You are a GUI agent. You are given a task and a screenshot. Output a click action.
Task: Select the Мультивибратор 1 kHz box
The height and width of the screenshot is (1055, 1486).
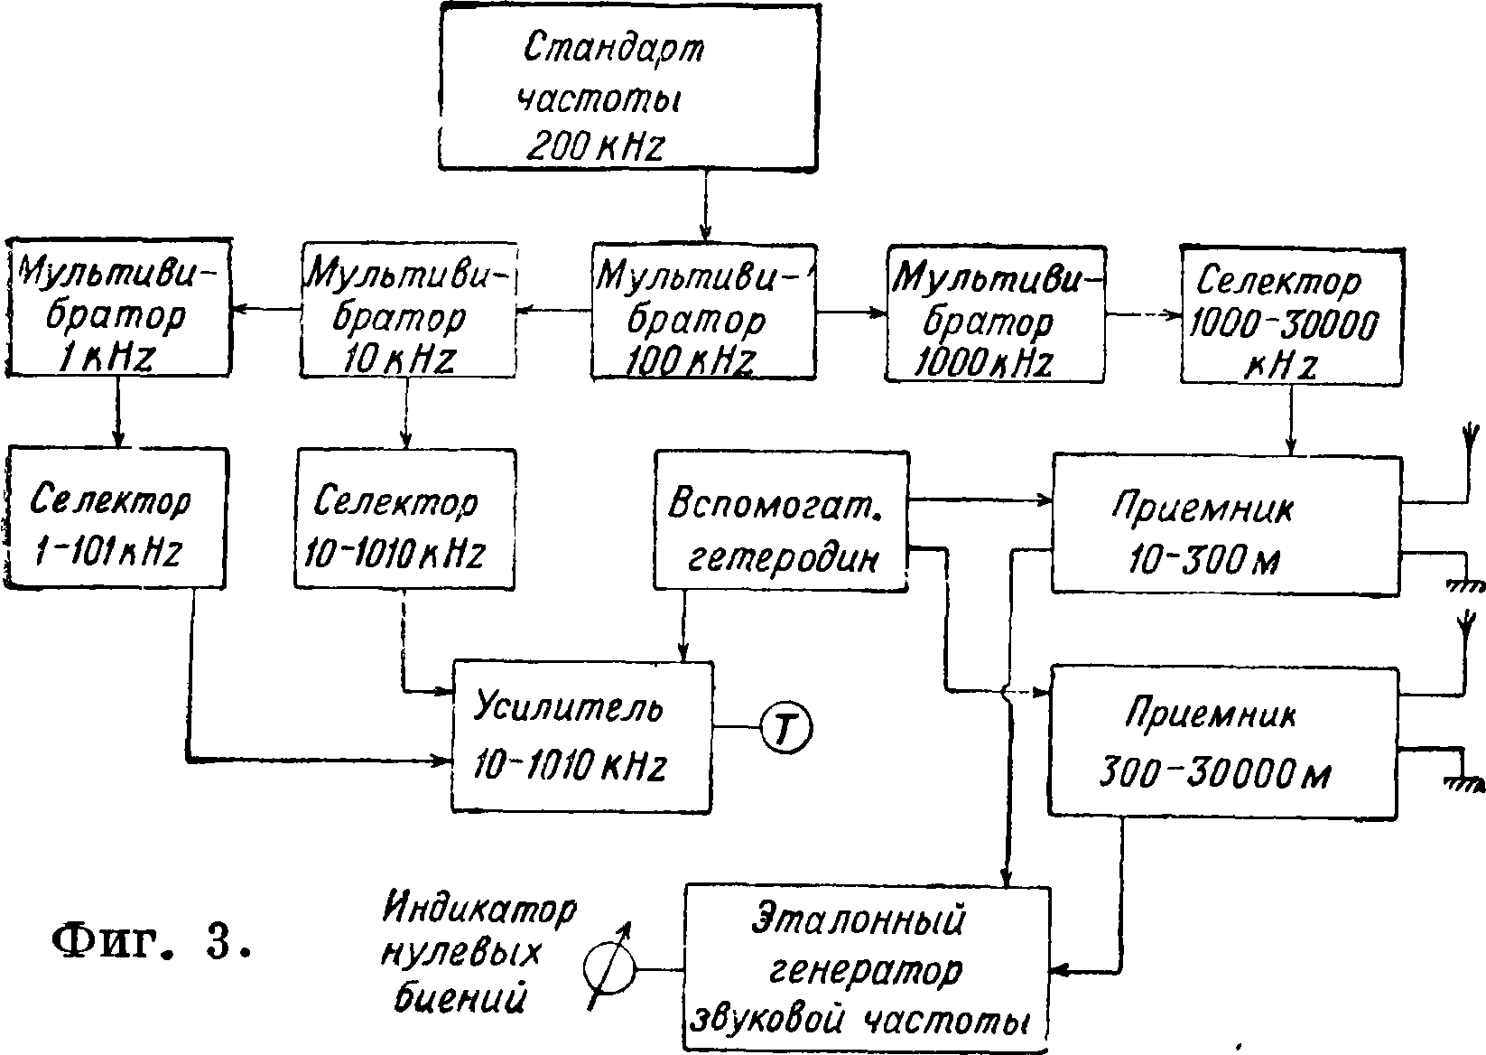116,307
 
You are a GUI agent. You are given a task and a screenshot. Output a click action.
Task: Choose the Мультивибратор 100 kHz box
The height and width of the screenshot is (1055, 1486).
704,310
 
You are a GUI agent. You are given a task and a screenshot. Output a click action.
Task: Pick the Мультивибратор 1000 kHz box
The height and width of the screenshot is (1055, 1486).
996,312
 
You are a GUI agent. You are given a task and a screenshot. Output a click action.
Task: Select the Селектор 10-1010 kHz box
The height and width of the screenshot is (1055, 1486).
404,518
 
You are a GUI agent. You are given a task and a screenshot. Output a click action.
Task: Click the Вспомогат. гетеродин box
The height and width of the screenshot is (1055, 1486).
780,522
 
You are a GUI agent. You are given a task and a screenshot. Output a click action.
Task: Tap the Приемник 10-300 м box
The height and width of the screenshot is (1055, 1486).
1226,524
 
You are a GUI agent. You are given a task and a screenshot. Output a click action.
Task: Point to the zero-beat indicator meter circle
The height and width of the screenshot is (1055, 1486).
608,969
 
